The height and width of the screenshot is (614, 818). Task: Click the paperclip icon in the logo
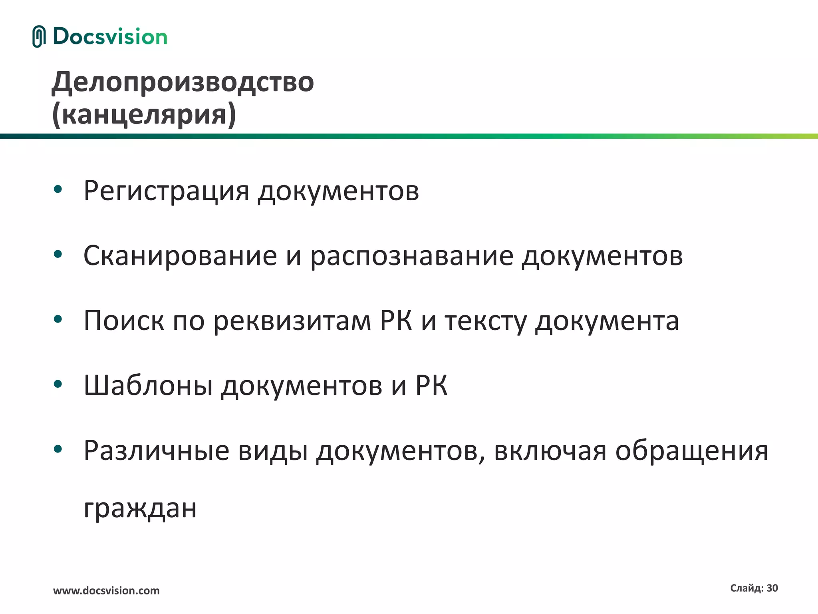[x=39, y=36]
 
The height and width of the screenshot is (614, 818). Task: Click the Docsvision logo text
[x=110, y=36]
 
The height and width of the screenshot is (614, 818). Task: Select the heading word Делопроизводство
[x=183, y=82]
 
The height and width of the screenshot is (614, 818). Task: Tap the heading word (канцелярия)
[x=144, y=114]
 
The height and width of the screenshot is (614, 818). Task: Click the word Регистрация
[x=166, y=191]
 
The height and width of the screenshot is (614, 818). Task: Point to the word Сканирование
[x=180, y=256]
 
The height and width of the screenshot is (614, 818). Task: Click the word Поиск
[x=123, y=321]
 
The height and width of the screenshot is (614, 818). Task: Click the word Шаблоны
[x=148, y=386]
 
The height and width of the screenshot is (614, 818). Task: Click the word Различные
[x=156, y=451]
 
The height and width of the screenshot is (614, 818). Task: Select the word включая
[x=550, y=451]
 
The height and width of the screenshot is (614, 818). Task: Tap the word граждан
[x=140, y=508]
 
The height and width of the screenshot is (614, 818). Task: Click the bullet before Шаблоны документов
[x=58, y=384]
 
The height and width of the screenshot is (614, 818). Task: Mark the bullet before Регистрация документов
[x=58, y=189]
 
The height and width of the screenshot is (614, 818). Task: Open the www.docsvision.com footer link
[x=106, y=591]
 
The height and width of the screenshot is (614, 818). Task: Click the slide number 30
[x=772, y=588]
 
